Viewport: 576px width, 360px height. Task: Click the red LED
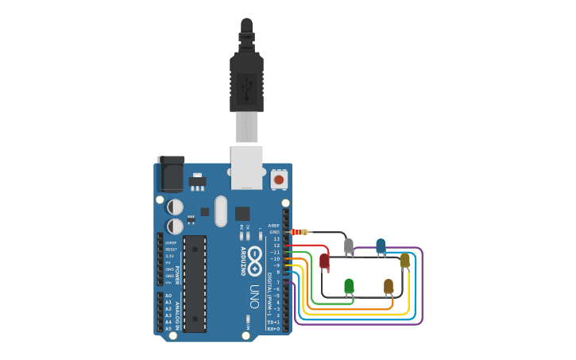coord(324,260)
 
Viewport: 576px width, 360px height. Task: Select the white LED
coord(348,246)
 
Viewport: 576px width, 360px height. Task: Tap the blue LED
coord(381,246)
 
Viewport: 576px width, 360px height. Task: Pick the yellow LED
coord(404,260)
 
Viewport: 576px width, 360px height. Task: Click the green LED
coord(349,285)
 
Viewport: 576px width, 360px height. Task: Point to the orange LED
coord(389,285)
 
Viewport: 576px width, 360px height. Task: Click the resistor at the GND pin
coord(300,232)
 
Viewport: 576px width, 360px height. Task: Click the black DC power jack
coord(171,172)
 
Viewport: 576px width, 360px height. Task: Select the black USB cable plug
coord(246,79)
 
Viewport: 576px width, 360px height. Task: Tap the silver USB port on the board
coord(246,166)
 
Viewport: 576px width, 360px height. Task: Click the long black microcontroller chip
coord(195,283)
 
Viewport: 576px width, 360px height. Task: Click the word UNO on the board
coord(254,296)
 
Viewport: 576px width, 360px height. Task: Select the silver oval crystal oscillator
coord(221,211)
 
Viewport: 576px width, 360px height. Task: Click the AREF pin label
coord(275,226)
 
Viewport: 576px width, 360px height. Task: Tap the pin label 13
coord(276,238)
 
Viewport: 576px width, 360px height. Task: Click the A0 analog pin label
coord(168,296)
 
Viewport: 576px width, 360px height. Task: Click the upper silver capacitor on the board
coord(175,207)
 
